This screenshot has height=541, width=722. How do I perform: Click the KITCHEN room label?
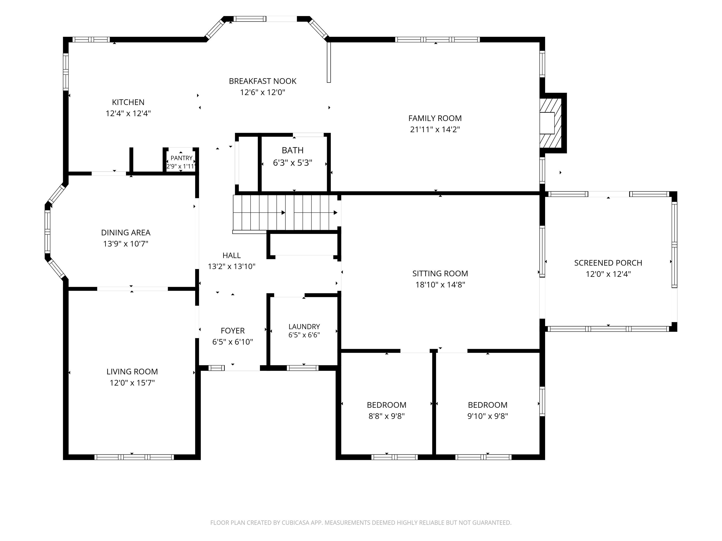(128, 102)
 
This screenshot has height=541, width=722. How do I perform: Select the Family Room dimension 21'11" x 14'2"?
(435, 129)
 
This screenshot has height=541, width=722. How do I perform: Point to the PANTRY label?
(181, 158)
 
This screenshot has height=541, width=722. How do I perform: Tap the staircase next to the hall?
(286, 213)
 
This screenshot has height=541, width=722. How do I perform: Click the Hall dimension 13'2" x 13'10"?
(232, 266)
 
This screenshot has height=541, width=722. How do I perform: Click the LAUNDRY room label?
(304, 327)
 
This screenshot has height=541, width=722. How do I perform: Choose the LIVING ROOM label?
(132, 371)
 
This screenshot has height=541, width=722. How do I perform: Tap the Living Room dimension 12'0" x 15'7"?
(132, 383)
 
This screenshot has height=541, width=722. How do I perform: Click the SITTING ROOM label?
(440, 274)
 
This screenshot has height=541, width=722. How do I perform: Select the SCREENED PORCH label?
(608, 263)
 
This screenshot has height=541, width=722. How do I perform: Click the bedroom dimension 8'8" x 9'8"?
(387, 416)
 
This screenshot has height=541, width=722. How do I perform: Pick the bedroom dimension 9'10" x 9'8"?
(488, 416)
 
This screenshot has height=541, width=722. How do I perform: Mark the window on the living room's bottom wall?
(134, 457)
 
